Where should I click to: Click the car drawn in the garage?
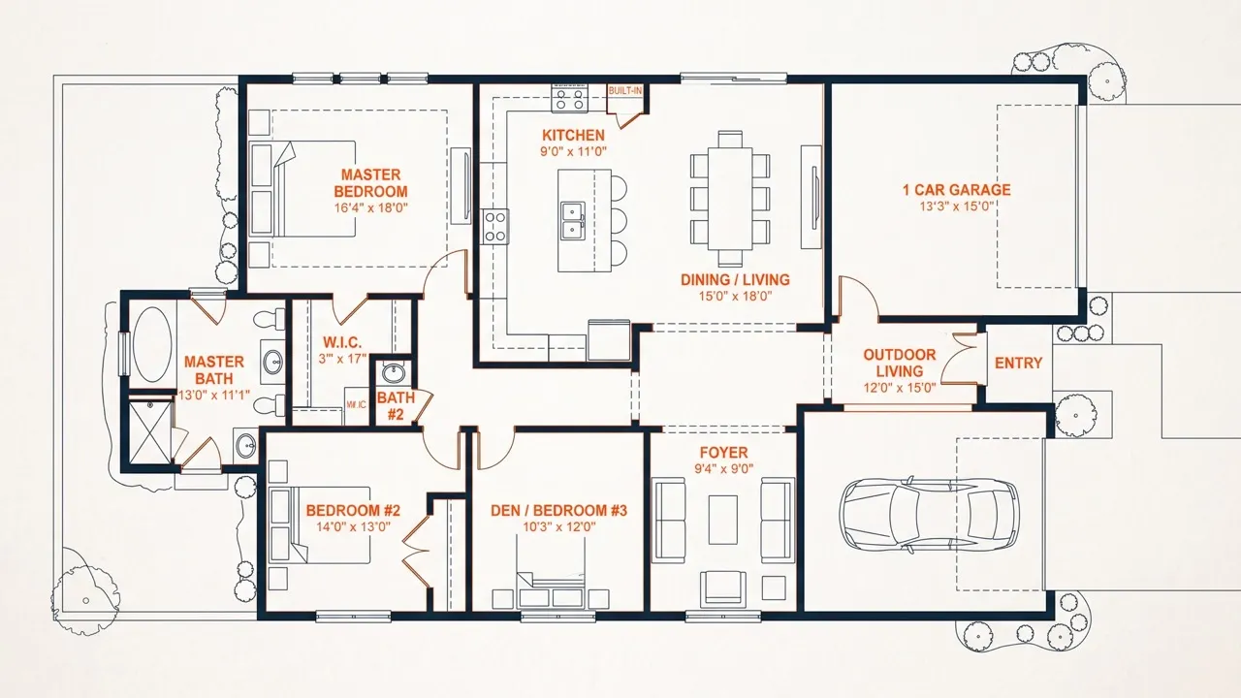(929, 515)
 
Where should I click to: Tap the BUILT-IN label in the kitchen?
(625, 90)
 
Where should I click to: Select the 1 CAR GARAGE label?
(957, 190)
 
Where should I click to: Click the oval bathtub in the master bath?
(152, 344)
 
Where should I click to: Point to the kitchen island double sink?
(572, 220)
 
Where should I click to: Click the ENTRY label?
(1018, 363)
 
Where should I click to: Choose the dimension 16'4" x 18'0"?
(370, 208)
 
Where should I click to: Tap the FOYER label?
(723, 452)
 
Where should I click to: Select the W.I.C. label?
(342, 342)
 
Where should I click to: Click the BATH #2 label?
(396, 406)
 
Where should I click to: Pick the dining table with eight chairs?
(730, 199)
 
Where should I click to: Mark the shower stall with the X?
(150, 432)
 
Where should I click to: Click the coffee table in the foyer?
(723, 520)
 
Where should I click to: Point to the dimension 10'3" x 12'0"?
(559, 526)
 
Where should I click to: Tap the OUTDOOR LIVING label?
(899, 363)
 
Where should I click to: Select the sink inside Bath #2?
(394, 373)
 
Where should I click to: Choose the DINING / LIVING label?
(735, 280)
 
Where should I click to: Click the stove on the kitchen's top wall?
(569, 99)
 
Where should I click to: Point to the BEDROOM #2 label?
(353, 510)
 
